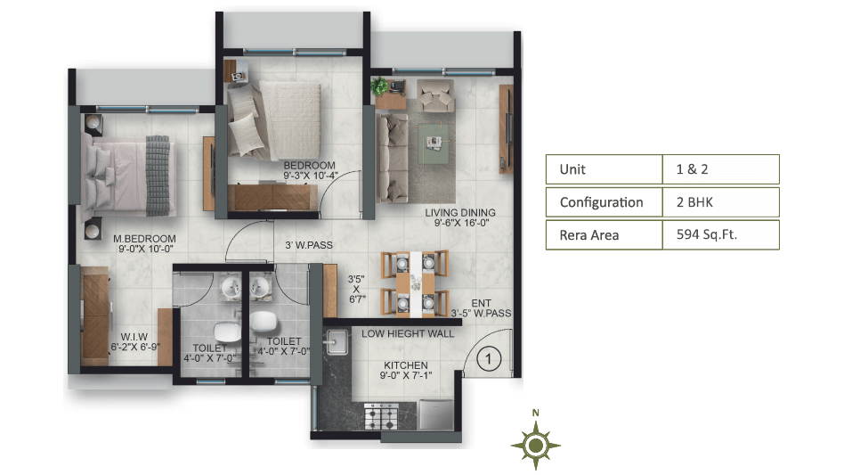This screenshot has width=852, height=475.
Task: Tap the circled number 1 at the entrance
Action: click(x=488, y=359)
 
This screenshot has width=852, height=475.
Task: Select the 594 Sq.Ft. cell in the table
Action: click(x=720, y=234)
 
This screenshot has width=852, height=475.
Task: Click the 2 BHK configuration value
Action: click(x=720, y=202)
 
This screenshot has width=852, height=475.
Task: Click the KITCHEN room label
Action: click(x=406, y=365)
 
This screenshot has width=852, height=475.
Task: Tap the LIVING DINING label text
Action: click(x=460, y=213)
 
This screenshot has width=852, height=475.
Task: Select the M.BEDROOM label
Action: click(x=144, y=238)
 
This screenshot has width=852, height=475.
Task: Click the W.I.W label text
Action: click(x=134, y=337)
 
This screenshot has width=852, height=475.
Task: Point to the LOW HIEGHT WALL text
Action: click(x=408, y=333)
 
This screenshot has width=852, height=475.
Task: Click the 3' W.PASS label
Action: click(x=309, y=245)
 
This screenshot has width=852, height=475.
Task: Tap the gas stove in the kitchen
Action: click(x=381, y=416)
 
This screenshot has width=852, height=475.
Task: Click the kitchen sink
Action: click(x=337, y=342)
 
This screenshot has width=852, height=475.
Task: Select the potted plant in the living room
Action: click(x=379, y=86)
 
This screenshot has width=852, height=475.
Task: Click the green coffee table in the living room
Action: click(x=433, y=143)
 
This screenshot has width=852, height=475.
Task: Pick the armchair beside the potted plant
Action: click(x=435, y=96)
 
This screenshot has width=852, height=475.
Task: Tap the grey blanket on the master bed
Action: click(x=158, y=176)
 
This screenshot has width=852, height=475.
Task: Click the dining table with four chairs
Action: click(x=415, y=283)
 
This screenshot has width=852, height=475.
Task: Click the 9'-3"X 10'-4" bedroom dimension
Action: click(x=310, y=176)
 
